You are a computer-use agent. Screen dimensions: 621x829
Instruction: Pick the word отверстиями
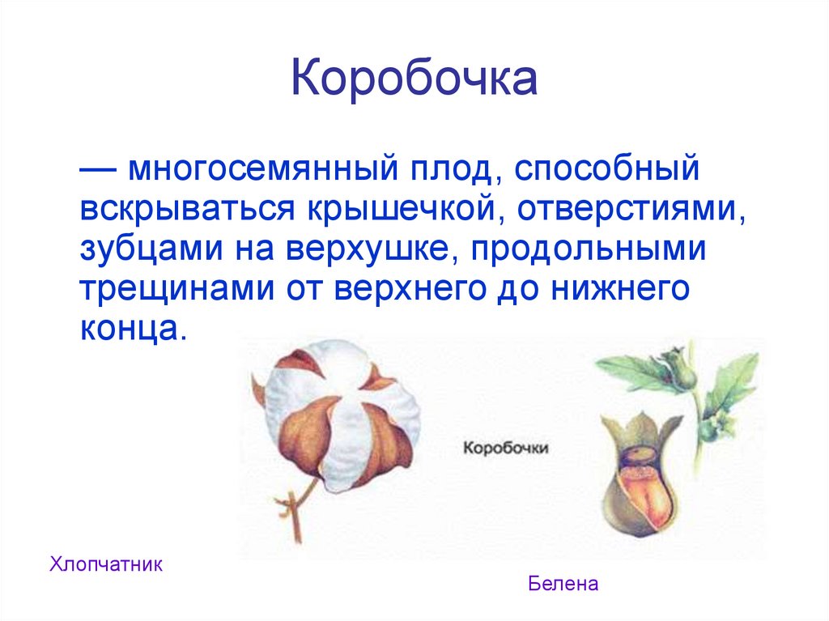[x=631, y=211]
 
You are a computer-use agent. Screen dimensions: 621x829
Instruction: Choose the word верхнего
[x=410, y=290]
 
